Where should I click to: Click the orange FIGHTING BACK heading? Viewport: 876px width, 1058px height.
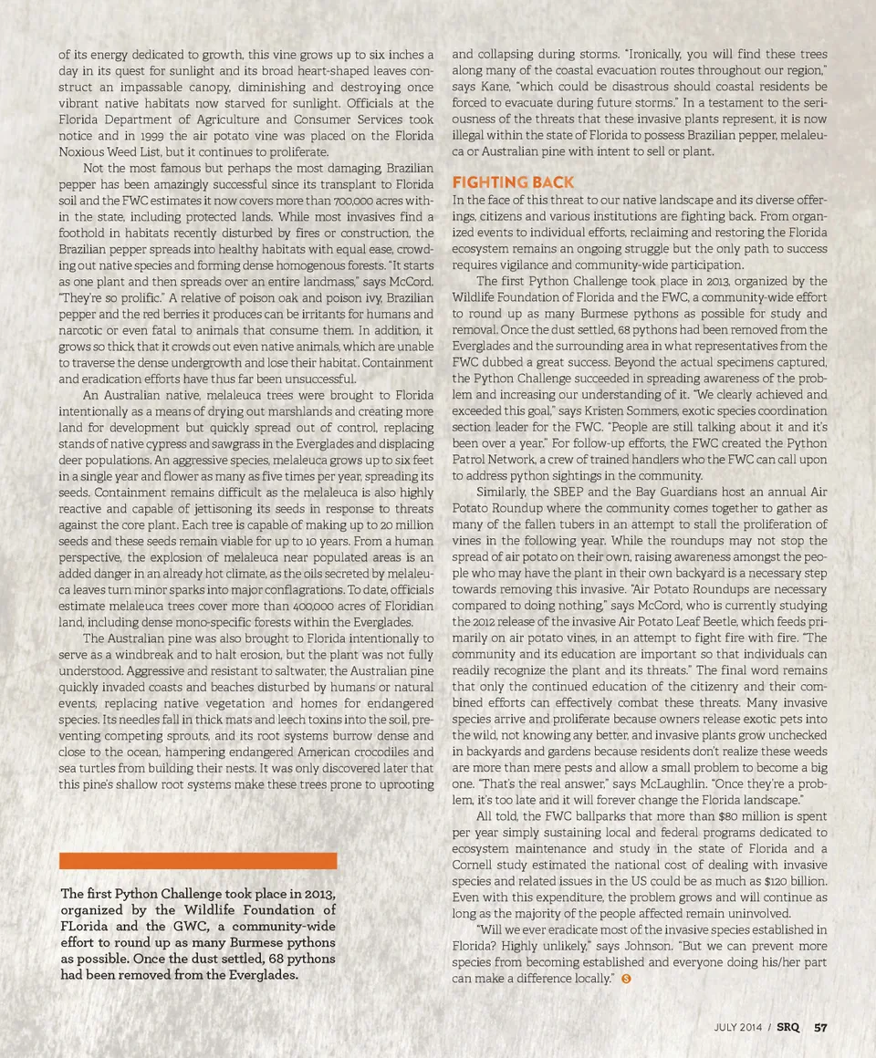tap(513, 182)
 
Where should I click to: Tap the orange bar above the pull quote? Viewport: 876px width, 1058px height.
tap(198, 860)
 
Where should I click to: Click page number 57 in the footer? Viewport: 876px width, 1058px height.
tap(820, 1027)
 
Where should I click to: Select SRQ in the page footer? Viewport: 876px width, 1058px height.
tap(788, 1027)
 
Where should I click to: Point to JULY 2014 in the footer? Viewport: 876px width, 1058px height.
tap(737, 1027)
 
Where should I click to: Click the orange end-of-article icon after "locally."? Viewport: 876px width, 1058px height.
tap(626, 979)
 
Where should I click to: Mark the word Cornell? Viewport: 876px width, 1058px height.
tap(475, 865)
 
